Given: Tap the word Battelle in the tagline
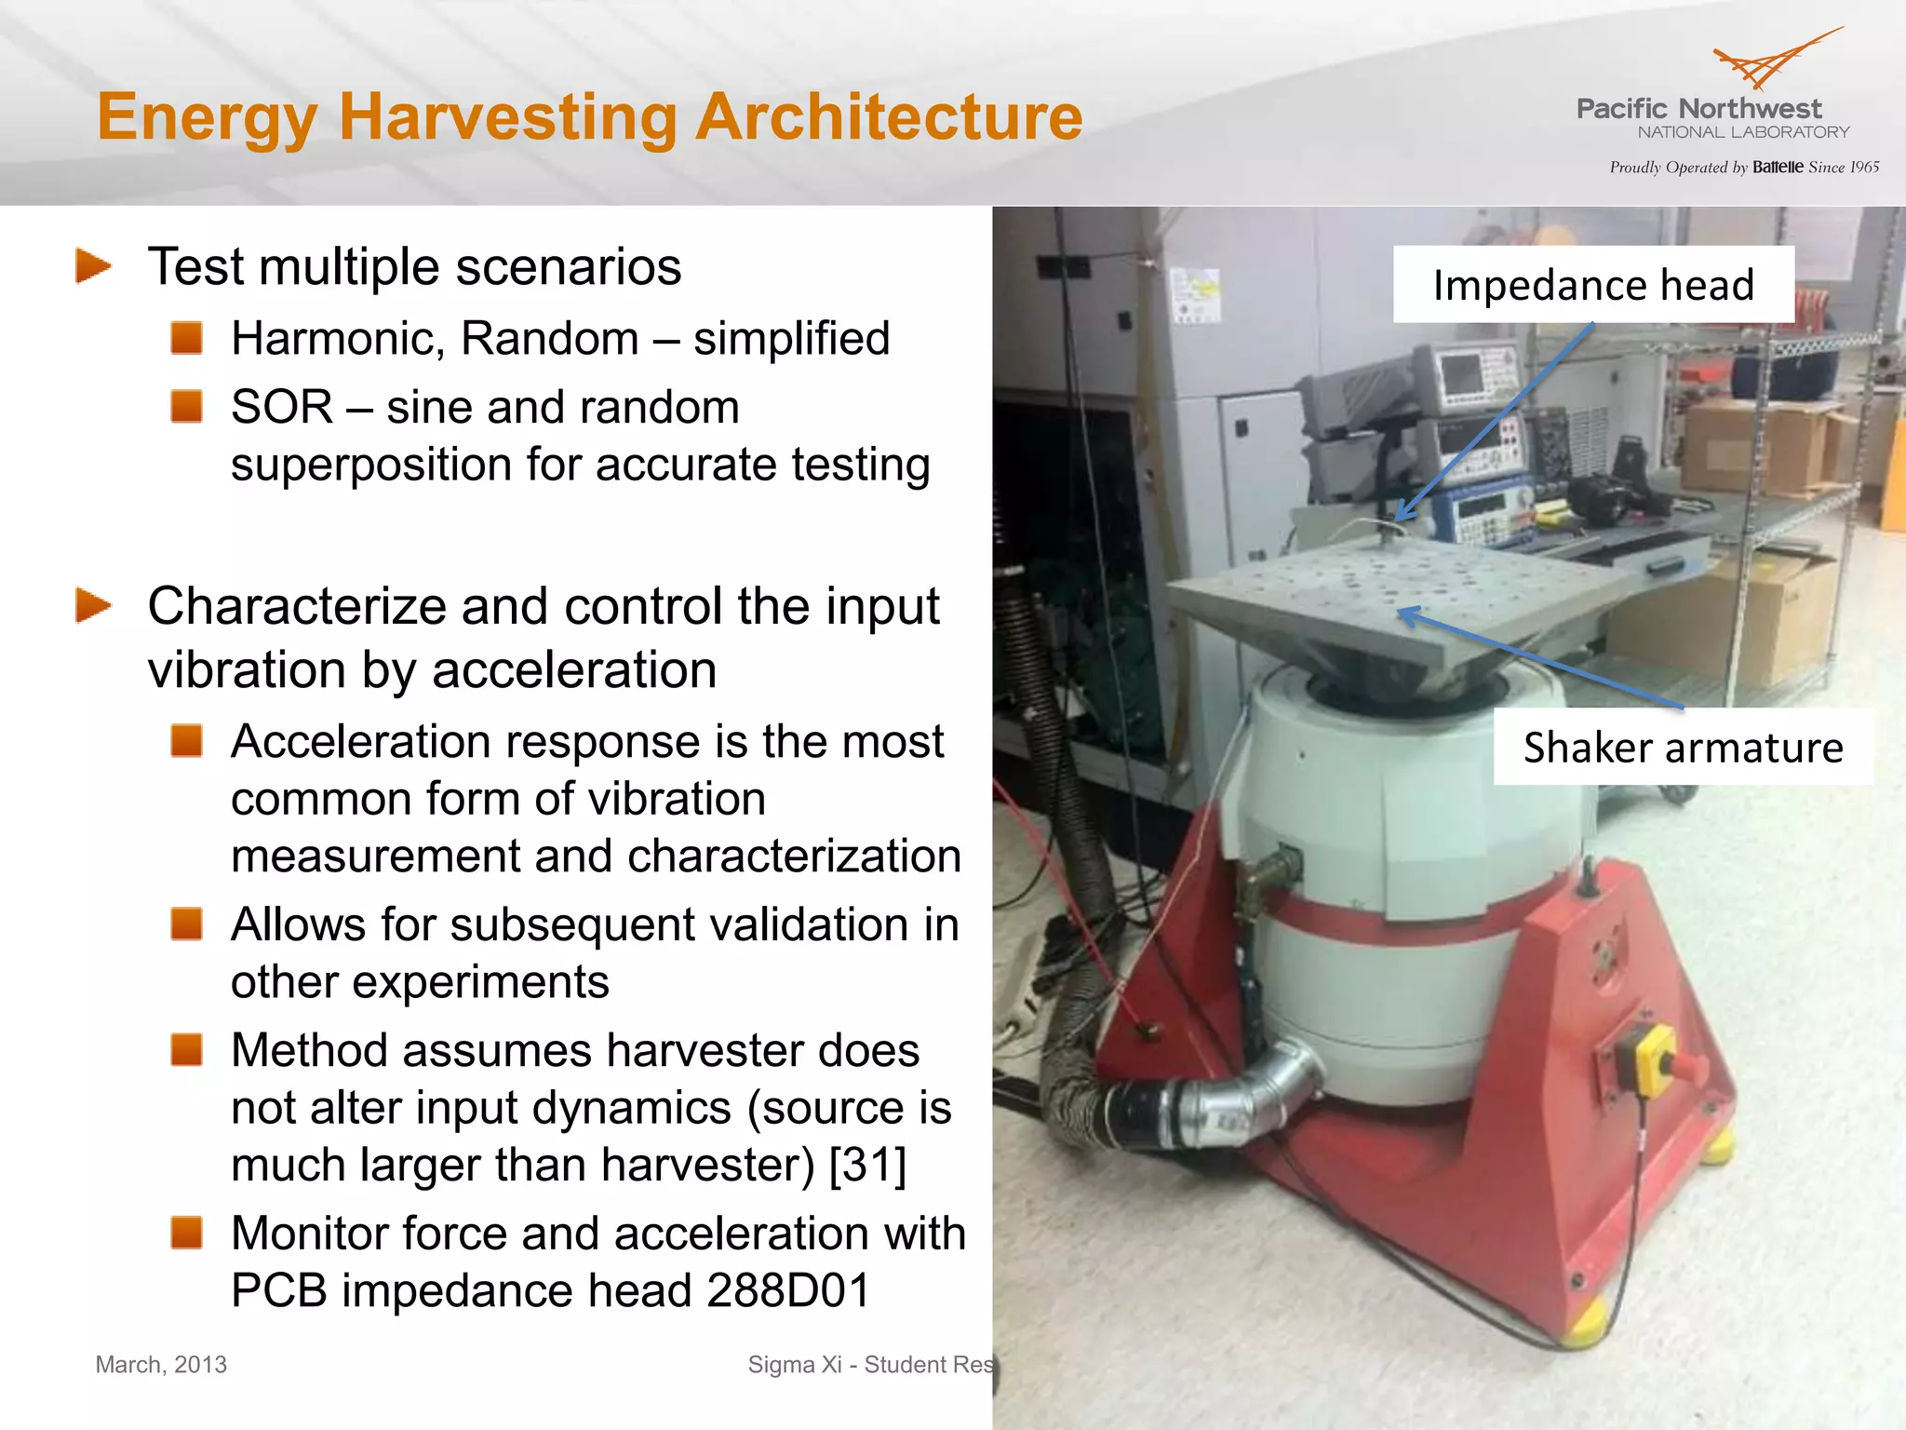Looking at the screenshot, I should tap(1778, 168).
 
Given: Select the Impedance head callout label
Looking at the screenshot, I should tap(1592, 285).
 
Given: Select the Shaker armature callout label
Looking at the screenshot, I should tap(1683, 748).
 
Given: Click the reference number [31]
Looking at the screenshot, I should tap(867, 1165).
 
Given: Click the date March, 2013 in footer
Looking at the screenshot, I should tap(161, 1365).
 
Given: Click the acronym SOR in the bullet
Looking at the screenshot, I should tap(281, 408).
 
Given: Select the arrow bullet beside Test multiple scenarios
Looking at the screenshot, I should tap(93, 266).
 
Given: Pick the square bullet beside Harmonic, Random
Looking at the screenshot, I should tap(187, 337).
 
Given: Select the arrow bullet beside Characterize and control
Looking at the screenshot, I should tap(93, 606).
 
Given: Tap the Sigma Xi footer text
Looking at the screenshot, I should tap(870, 1365).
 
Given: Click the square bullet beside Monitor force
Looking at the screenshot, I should tap(187, 1232).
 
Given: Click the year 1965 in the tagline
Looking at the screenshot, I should tap(1864, 168).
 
